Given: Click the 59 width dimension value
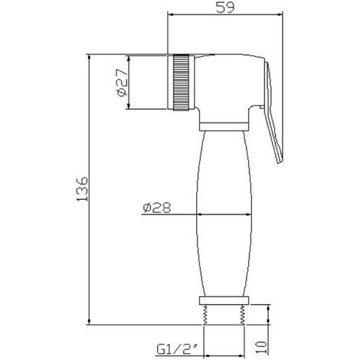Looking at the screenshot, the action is tap(224, 7).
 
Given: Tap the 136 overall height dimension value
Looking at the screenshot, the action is tap(82, 188).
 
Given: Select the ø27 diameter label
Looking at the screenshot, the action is tap(122, 83).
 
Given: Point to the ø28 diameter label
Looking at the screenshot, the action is tap(157, 208).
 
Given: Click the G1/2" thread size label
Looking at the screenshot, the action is tap(178, 349).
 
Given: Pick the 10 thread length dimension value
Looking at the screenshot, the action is tap(261, 347).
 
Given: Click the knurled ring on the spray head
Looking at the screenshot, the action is tap(182, 83).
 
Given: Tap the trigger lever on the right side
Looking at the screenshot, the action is tap(273, 113).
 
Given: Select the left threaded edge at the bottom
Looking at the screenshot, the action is tap(205, 315).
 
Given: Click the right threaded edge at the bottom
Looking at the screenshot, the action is tap(242, 315).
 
